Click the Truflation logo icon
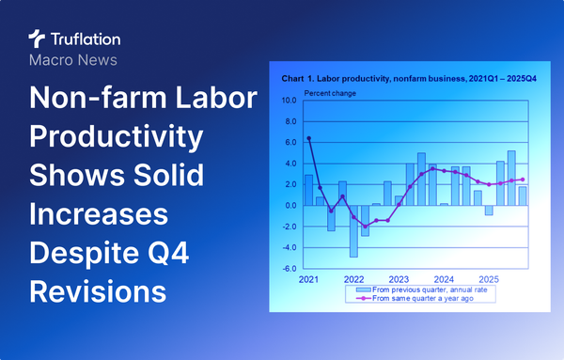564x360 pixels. (x=37, y=39)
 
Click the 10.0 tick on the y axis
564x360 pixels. (x=290, y=100)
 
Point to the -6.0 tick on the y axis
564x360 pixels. (x=290, y=269)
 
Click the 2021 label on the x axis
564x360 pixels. (x=308, y=279)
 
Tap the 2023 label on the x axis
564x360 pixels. (x=399, y=279)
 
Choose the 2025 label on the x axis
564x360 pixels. (x=488, y=279)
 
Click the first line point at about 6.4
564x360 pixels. (x=309, y=138)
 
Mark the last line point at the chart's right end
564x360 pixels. (x=523, y=180)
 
